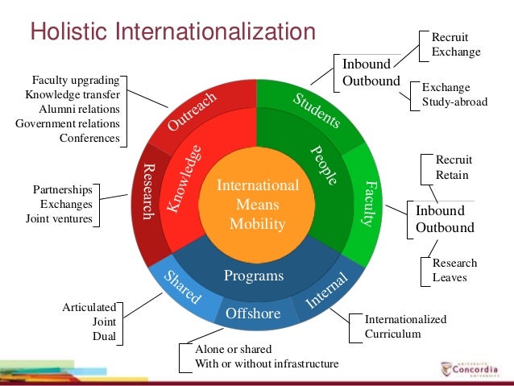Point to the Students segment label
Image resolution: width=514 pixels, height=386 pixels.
(x=316, y=112)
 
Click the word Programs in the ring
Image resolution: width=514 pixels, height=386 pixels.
(x=254, y=276)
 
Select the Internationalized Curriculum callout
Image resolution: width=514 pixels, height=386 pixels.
(x=405, y=326)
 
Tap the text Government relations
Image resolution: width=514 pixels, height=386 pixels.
(x=68, y=123)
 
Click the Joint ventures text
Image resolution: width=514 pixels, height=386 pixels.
(x=59, y=218)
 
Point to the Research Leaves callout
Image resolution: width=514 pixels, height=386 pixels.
(x=454, y=270)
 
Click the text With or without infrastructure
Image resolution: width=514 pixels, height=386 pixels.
(x=267, y=363)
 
